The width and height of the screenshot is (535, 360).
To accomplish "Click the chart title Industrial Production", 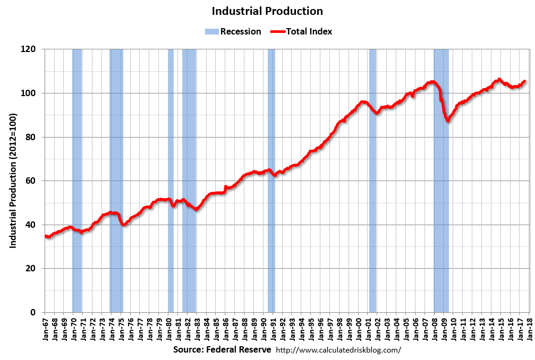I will point(267,11).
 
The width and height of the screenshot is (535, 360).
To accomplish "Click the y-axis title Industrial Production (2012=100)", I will point(13,181).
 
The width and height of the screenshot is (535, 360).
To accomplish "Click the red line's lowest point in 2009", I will point(448,121).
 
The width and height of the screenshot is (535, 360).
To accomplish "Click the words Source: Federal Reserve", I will point(222,350).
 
